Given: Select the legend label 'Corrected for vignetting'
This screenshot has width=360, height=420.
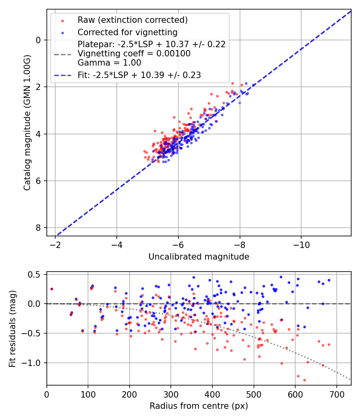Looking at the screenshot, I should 127,32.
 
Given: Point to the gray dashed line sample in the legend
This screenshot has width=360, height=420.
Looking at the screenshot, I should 62,54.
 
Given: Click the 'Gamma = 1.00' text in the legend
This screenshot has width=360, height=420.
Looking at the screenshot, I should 109,62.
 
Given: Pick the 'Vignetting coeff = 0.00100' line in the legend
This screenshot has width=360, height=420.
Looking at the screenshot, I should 134,54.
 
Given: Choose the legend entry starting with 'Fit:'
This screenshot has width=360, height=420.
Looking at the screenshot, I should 139,75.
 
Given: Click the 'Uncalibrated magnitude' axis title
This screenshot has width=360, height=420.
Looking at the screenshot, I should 199,257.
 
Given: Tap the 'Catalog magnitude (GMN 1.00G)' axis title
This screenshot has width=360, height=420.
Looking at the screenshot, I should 27,122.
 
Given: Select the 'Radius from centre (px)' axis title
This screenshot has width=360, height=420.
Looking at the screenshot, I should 199,406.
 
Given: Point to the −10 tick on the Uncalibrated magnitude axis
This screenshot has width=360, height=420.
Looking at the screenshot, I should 301,243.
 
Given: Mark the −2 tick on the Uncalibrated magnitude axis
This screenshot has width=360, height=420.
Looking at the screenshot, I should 56,243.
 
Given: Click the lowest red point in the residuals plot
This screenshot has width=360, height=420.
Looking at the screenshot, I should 304,380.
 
